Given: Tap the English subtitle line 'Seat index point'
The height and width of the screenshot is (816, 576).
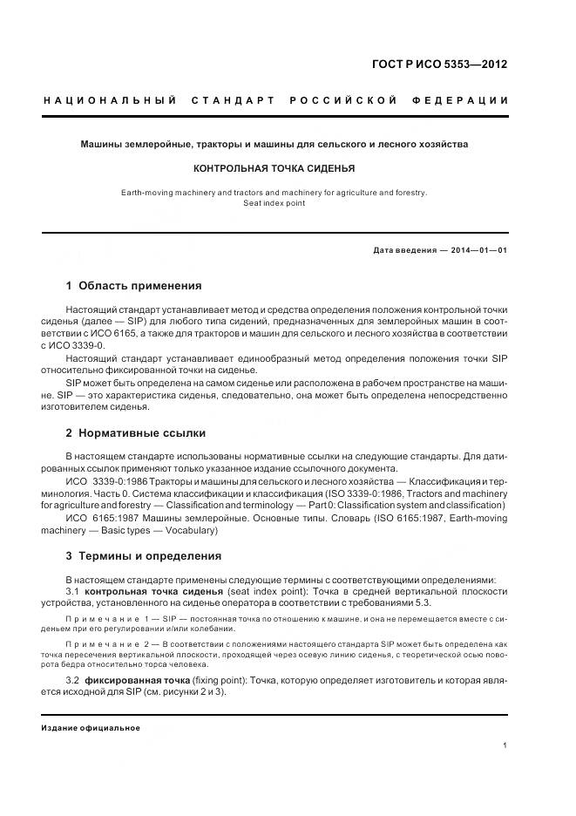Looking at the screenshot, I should point(274,202).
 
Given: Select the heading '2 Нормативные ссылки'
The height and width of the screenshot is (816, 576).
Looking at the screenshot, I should point(135,432).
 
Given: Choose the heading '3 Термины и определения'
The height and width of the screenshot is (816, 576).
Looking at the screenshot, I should point(143,555).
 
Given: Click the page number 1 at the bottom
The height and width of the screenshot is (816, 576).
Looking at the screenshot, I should point(505,745).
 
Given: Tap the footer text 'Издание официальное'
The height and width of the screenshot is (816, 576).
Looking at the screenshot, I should point(91,728).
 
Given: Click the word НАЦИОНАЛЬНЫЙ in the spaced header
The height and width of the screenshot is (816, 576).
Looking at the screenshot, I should point(110,100).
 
